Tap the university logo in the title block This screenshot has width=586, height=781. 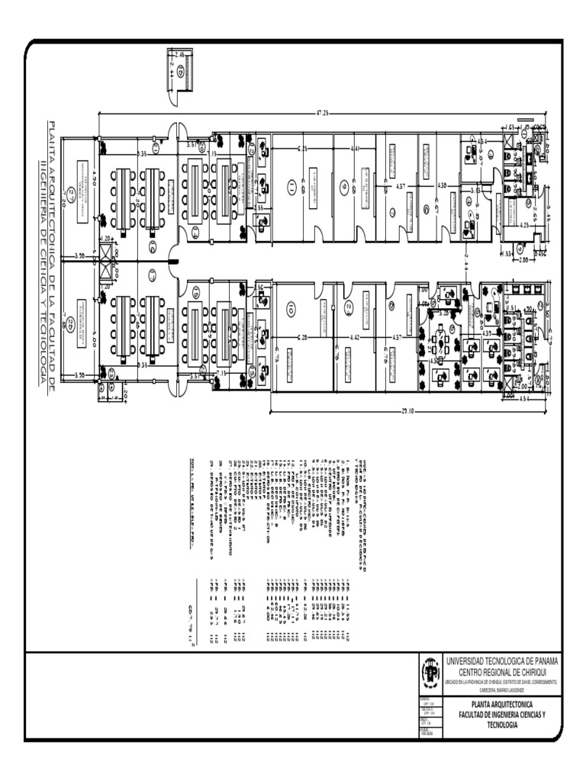pos(430,673)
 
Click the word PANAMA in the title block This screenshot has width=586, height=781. pos(538,660)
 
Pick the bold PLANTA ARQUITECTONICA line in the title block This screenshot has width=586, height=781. pos(501,704)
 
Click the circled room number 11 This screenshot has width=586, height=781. pos(290,186)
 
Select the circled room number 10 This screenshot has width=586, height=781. pos(290,309)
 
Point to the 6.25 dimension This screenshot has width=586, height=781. pos(302,148)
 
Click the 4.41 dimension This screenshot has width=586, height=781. pos(356,148)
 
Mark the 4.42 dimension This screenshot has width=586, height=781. pos(355,336)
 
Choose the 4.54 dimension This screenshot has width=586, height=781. pos(523,397)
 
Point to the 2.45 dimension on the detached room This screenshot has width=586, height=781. pos(180,54)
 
